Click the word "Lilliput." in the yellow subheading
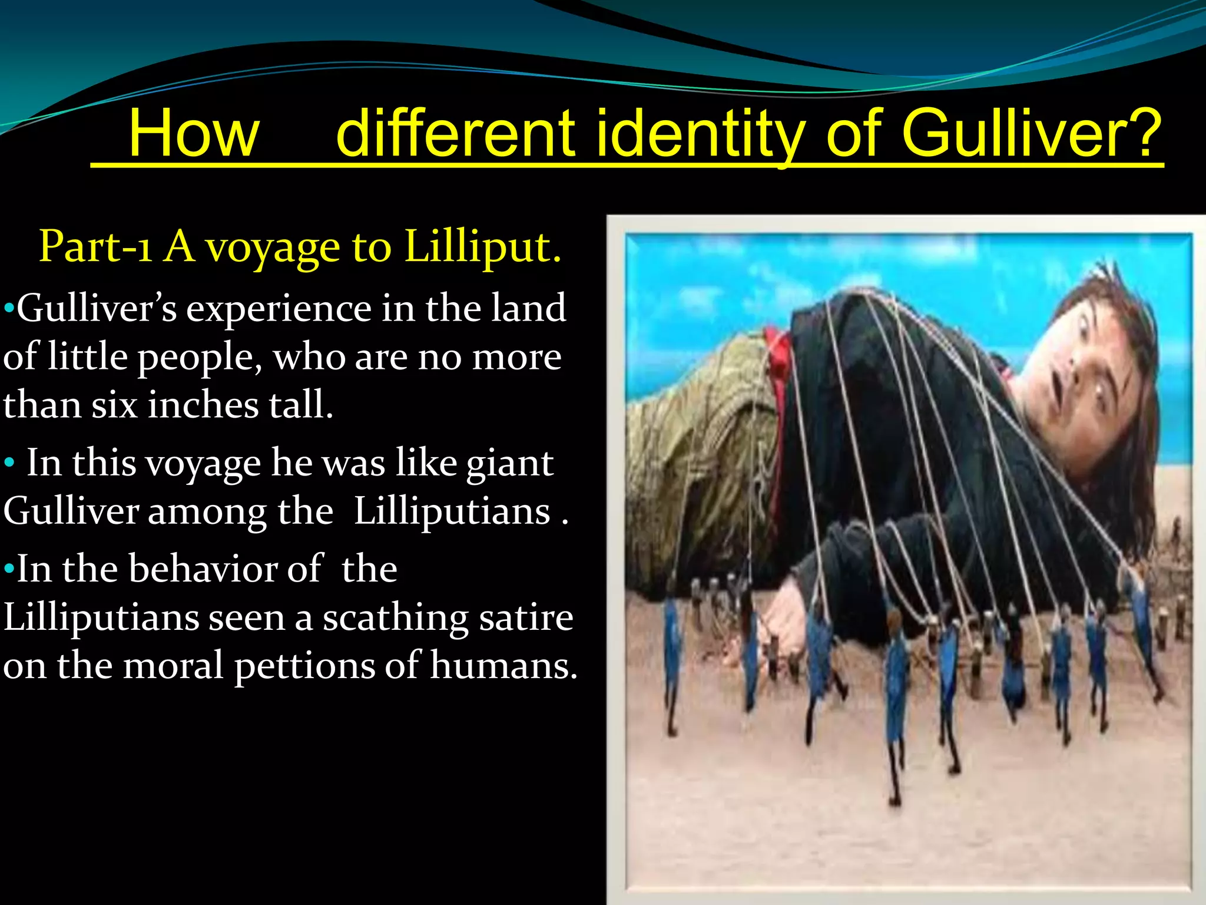tap(483, 246)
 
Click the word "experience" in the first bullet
tap(279, 309)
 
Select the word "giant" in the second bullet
tap(509, 463)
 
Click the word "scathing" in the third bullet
tap(395, 617)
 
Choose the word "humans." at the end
tap(503, 666)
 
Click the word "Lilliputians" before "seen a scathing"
tap(101, 617)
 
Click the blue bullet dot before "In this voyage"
tap(9, 464)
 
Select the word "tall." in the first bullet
tap(301, 405)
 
